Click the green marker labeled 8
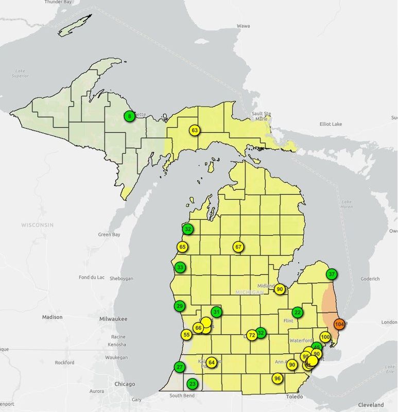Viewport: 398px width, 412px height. click(x=129, y=116)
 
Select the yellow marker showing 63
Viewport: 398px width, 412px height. click(x=194, y=130)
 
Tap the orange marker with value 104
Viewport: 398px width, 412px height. click(x=339, y=324)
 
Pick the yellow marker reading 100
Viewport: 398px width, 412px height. click(x=325, y=337)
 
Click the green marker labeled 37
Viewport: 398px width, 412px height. click(x=332, y=274)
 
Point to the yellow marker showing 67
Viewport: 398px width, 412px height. click(x=238, y=247)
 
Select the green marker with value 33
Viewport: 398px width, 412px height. click(x=180, y=267)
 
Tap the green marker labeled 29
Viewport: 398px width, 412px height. click(x=180, y=306)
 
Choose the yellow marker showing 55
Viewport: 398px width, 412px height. click(x=186, y=335)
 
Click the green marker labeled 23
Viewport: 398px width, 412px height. click(x=192, y=384)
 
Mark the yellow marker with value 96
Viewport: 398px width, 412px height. click(x=278, y=379)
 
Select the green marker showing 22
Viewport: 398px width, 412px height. click(x=297, y=312)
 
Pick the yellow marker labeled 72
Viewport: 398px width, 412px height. click(x=252, y=335)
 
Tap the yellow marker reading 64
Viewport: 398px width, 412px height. click(x=211, y=363)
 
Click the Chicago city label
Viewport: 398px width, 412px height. click(x=125, y=384)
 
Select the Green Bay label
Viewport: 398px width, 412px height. click(x=109, y=235)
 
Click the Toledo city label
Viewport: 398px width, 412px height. click(x=295, y=397)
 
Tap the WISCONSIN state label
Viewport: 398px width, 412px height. click(x=38, y=226)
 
